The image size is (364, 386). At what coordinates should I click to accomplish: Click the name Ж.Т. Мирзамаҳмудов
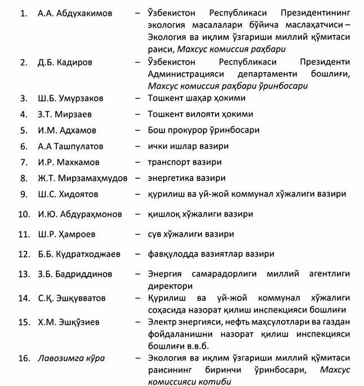click(x=82, y=178)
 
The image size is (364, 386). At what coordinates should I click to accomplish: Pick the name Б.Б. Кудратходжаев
click(x=79, y=254)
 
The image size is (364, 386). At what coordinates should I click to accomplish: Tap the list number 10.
click(x=24, y=214)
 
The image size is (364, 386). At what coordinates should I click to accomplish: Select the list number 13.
click(x=24, y=274)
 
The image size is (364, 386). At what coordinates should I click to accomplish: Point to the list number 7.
click(x=24, y=162)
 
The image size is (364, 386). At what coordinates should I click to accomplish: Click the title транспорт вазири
click(x=184, y=162)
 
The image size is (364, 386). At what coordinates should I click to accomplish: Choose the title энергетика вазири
click(x=186, y=178)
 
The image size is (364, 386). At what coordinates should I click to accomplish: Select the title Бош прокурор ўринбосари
click(x=203, y=130)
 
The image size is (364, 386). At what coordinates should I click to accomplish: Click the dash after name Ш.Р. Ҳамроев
click(x=137, y=234)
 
